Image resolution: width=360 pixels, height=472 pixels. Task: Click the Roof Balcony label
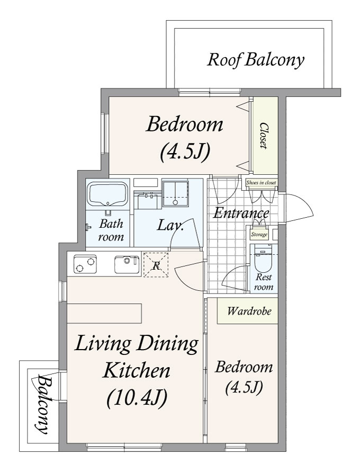[x=255, y=60]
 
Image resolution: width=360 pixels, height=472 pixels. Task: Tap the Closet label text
[x=264, y=136]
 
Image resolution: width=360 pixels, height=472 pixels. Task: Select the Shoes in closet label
[x=261, y=183]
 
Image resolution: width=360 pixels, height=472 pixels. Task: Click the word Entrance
[x=241, y=213]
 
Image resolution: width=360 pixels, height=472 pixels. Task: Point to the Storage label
[x=259, y=235]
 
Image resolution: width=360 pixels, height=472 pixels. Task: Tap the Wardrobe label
[x=249, y=310]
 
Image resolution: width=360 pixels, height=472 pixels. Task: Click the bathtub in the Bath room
[x=107, y=195]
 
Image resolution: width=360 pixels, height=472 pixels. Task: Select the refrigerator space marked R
[x=156, y=264]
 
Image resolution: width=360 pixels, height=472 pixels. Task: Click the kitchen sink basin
[x=127, y=264]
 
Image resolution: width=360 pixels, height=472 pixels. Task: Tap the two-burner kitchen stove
[x=85, y=264]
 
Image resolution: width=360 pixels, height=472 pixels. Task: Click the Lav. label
[x=170, y=225]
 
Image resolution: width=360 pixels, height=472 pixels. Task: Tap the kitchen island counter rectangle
[x=104, y=314]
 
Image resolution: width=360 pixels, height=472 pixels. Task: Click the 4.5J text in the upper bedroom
[x=185, y=153]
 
